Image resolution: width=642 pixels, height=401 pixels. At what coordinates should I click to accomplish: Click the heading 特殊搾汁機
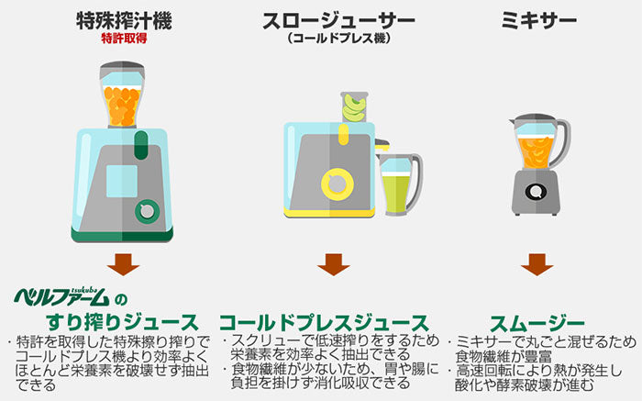tap(123, 20)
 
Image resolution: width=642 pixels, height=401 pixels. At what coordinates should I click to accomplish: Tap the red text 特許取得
tap(123, 39)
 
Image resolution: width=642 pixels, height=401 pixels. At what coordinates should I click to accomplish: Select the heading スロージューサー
tap(338, 21)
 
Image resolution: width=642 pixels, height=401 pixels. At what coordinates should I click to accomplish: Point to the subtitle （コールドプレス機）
tap(338, 39)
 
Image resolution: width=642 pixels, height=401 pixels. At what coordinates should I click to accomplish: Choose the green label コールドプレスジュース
tap(323, 322)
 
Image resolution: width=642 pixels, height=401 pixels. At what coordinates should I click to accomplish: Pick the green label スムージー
tap(537, 322)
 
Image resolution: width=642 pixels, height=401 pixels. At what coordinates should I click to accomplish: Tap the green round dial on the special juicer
tap(145, 212)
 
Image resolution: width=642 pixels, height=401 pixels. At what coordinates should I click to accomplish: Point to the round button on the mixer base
tap(536, 193)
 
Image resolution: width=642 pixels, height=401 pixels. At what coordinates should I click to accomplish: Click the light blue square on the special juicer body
tap(119, 179)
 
